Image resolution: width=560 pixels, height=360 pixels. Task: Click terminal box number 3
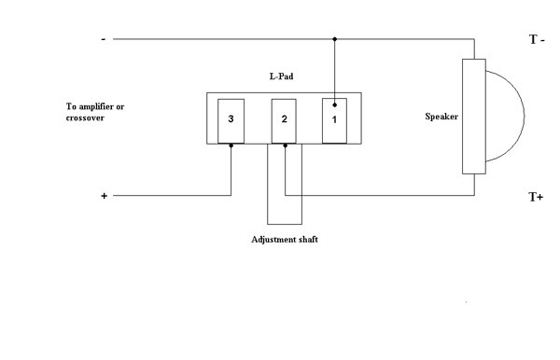(x=231, y=120)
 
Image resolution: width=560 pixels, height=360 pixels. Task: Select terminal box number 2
(x=284, y=120)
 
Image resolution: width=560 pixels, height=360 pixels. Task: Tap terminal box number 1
(x=335, y=120)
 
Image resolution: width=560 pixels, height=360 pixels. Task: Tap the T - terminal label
(x=538, y=40)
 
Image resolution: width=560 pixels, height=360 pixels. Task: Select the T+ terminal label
(x=537, y=197)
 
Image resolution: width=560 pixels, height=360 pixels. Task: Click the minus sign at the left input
(x=103, y=39)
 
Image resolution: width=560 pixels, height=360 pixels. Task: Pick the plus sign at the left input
(x=104, y=197)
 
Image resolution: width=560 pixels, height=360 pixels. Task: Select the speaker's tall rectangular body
(x=474, y=117)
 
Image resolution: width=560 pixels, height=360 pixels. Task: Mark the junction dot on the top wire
(x=335, y=40)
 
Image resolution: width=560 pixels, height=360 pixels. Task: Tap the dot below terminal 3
(x=231, y=145)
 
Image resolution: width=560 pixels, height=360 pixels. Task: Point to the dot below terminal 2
(x=285, y=145)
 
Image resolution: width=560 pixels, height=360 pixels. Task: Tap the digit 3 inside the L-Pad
(x=231, y=120)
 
